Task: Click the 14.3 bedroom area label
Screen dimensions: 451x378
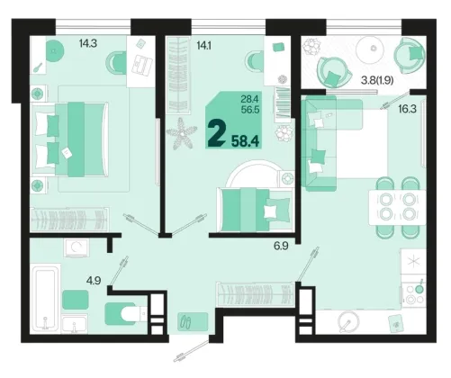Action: pos(88,44)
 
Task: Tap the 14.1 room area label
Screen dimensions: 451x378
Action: pos(203,46)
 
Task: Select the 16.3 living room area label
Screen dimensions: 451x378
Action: pos(407,109)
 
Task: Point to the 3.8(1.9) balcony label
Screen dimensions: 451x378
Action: pos(377,80)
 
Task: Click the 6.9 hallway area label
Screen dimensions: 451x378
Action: pos(281,246)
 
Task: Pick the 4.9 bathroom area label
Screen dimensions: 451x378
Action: pos(94,281)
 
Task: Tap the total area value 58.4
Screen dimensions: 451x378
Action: pos(245,140)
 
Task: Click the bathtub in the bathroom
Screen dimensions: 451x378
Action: pos(45,298)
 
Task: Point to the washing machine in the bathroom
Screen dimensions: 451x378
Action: pos(77,247)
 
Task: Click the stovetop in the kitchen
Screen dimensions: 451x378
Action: pos(414,294)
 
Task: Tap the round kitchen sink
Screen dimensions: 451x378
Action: pos(348,322)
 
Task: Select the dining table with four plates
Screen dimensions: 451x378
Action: pos(398,207)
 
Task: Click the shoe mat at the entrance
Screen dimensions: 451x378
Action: pos(193,321)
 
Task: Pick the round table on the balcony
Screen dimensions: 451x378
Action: pos(370,49)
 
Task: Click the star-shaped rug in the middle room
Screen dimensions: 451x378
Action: pos(182,134)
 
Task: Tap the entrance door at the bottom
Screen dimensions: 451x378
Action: pos(193,350)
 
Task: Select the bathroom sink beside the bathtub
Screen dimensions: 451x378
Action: pos(75,323)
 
